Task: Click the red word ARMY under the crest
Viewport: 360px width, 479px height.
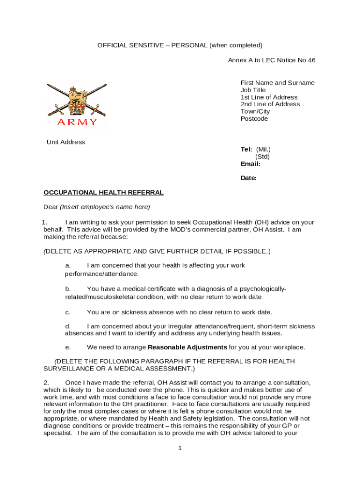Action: pyautogui.click(x=77, y=122)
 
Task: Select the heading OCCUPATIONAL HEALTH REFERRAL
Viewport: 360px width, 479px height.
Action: pyautogui.click(x=103, y=192)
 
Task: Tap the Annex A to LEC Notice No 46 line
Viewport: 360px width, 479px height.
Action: pyautogui.click(x=271, y=60)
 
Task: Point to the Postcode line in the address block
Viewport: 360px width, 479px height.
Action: pyautogui.click(x=254, y=119)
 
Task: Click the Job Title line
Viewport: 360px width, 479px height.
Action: pyautogui.click(x=253, y=90)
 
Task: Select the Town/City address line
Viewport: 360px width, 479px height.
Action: pyautogui.click(x=255, y=111)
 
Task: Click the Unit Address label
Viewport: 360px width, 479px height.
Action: pyautogui.click(x=65, y=142)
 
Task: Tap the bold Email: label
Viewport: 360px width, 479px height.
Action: pyautogui.click(x=250, y=164)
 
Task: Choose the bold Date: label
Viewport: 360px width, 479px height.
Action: pyautogui.click(x=248, y=178)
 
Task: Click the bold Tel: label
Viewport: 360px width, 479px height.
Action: pyautogui.click(x=246, y=149)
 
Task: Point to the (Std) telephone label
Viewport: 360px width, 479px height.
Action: pyautogui.click(x=262, y=157)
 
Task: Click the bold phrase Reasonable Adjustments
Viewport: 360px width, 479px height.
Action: pyautogui.click(x=187, y=347)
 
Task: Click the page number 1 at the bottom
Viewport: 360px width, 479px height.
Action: pyautogui.click(x=180, y=448)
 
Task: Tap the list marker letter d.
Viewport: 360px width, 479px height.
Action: pyautogui.click(x=68, y=326)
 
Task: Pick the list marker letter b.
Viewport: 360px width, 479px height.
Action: pyautogui.click(x=68, y=289)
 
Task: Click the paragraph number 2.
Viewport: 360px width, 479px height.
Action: pyautogui.click(x=46, y=383)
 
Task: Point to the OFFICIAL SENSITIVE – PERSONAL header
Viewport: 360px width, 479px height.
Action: pyautogui.click(x=180, y=45)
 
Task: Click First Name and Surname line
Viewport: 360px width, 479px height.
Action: pyautogui.click(x=277, y=83)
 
